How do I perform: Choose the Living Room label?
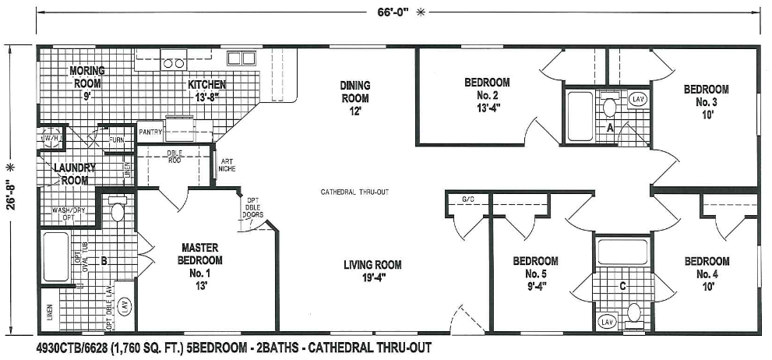click(x=372, y=270)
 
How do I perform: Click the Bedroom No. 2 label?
click(x=487, y=94)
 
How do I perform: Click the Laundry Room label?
click(x=74, y=173)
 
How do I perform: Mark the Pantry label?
click(x=150, y=132)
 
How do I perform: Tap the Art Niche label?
click(x=227, y=165)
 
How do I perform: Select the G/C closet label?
click(x=468, y=200)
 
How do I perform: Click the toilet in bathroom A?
click(x=610, y=107)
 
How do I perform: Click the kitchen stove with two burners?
click(x=172, y=61)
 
